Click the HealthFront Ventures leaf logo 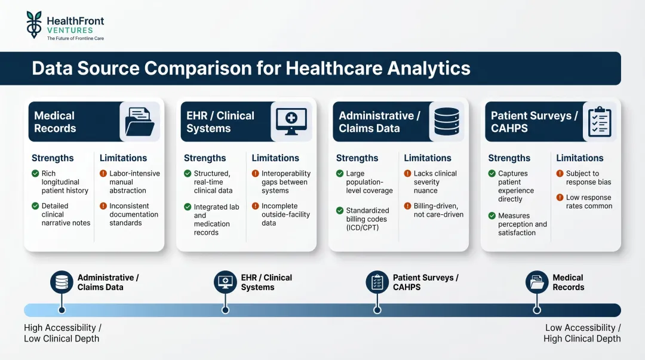pyautogui.click(x=34, y=24)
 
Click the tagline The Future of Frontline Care pyautogui.click(x=75, y=38)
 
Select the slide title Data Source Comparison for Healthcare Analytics pyautogui.click(x=251, y=68)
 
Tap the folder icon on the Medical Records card pyautogui.click(x=140, y=122)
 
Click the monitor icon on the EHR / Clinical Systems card pyautogui.click(x=291, y=122)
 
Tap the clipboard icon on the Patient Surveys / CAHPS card pyautogui.click(x=599, y=122)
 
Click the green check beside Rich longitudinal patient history pyautogui.click(x=35, y=174)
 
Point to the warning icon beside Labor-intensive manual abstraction pyautogui.click(x=103, y=174)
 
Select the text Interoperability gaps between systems pyautogui.click(x=285, y=182)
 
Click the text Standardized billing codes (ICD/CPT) pyautogui.click(x=367, y=219)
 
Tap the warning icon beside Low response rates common pyautogui.click(x=560, y=198)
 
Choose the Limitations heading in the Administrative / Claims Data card pyautogui.click(x=428, y=158)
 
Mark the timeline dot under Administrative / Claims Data pyautogui.click(x=62, y=310)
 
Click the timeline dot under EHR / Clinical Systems pyautogui.click(x=225, y=310)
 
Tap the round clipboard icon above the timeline pyautogui.click(x=377, y=282)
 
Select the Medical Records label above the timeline pyautogui.click(x=568, y=282)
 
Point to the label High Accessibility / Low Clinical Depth pyautogui.click(x=63, y=333)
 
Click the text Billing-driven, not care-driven pyautogui.click(x=438, y=210)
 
